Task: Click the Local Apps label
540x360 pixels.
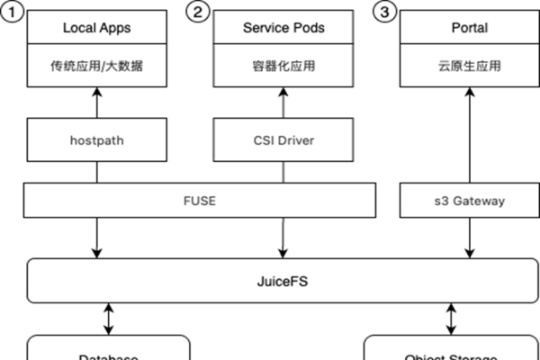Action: point(96,28)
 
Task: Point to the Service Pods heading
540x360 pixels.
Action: point(283,28)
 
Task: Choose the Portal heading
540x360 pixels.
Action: point(468,28)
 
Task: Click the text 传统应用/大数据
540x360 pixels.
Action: point(96,66)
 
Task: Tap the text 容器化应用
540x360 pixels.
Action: point(283,66)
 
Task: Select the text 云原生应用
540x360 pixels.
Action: point(468,66)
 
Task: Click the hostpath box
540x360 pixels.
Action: point(96,140)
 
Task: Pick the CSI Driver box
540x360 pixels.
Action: point(283,140)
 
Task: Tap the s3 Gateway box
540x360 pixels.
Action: point(468,201)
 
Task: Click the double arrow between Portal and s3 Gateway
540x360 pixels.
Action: point(468,135)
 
